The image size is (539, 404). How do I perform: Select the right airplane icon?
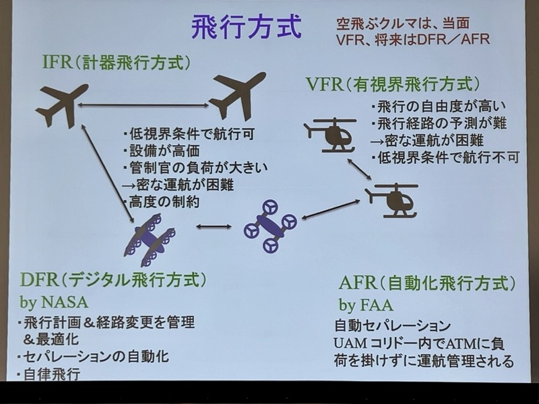point(236,95)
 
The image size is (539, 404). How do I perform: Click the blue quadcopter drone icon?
point(270,226)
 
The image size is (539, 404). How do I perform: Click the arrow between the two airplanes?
point(142,105)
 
